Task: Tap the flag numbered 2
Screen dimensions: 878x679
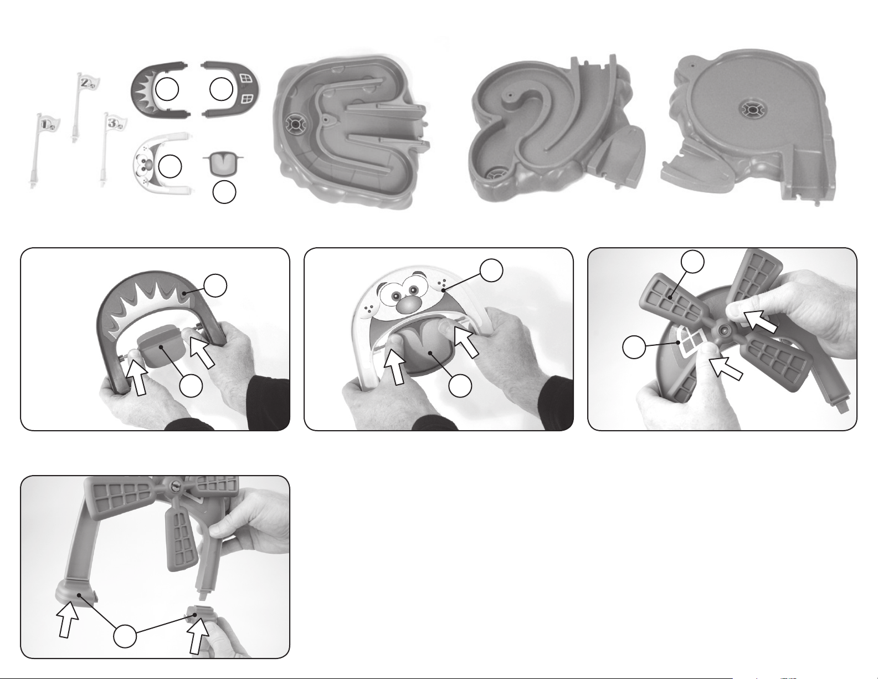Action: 84,106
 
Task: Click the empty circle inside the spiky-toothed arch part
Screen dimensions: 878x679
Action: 167,90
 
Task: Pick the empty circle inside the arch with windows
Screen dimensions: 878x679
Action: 222,90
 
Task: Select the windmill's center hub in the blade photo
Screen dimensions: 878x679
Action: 723,330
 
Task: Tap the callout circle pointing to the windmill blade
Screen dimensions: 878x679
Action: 693,262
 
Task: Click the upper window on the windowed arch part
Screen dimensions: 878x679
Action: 245,78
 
